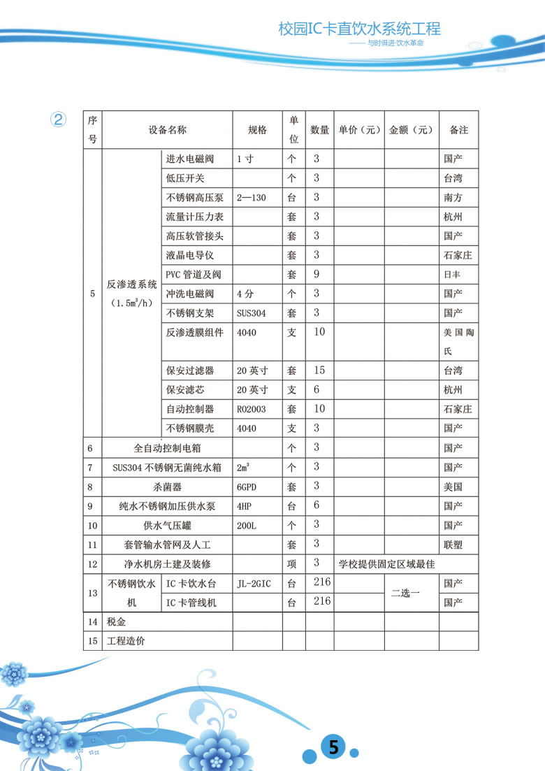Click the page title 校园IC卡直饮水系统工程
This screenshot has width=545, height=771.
click(359, 29)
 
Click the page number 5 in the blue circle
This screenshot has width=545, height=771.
click(333, 747)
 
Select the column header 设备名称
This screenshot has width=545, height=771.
click(168, 130)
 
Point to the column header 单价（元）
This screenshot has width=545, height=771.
click(359, 130)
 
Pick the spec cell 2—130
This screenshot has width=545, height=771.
click(252, 198)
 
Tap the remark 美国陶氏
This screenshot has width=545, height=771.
click(458, 343)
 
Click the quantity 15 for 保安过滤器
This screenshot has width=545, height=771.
click(319, 370)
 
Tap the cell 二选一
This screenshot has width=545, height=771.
click(405, 593)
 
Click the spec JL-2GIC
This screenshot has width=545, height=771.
click(256, 584)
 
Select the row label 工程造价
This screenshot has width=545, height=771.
click(126, 640)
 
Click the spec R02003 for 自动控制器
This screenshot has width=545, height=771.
click(252, 409)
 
